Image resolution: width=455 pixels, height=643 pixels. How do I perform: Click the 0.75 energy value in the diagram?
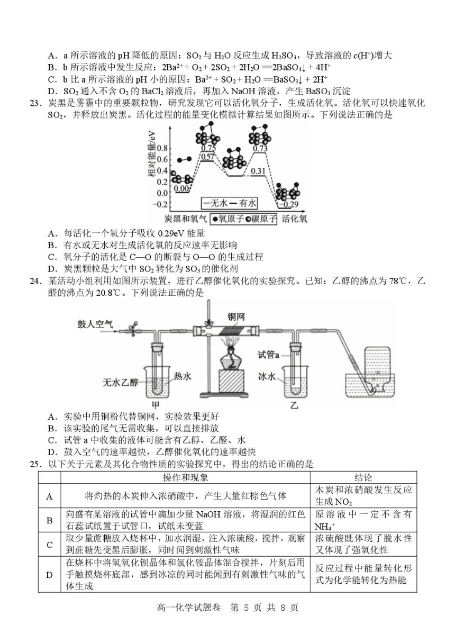(x=208, y=148)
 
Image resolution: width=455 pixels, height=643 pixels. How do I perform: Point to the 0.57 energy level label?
(x=207, y=157)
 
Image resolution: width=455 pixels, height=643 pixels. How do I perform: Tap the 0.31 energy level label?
(x=258, y=171)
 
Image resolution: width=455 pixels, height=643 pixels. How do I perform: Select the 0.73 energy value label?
(x=260, y=148)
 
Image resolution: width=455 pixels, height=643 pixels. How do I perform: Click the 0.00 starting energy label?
(x=182, y=188)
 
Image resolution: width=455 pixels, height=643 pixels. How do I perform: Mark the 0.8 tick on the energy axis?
(x=162, y=149)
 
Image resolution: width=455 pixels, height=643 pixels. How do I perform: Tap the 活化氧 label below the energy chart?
(x=294, y=219)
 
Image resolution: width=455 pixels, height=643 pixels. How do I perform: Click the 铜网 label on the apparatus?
(x=236, y=317)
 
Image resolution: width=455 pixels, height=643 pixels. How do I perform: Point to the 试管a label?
(x=268, y=355)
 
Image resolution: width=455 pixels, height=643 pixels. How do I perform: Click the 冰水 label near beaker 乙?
(x=267, y=376)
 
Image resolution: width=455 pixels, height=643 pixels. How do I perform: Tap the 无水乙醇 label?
(x=121, y=382)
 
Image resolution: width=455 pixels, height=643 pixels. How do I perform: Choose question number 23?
(x=35, y=103)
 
